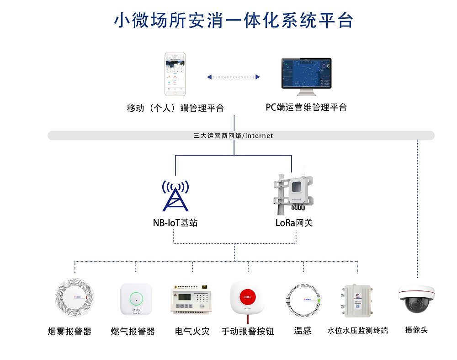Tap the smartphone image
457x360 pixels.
175,74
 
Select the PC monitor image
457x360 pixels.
306,75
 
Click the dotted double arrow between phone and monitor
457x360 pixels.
233,77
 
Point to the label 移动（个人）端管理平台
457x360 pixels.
175,108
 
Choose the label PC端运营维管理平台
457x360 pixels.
306,107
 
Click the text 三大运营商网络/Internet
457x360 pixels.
233,135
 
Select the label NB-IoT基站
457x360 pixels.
175,223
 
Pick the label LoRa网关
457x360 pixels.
294,223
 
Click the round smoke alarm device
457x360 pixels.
74,297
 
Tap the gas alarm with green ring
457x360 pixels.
136,299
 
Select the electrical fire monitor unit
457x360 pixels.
192,300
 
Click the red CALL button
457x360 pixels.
248,296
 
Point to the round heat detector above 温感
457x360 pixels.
303,301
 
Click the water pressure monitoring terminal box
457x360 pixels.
357,301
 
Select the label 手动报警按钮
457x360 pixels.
248,331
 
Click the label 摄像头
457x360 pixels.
416,329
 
